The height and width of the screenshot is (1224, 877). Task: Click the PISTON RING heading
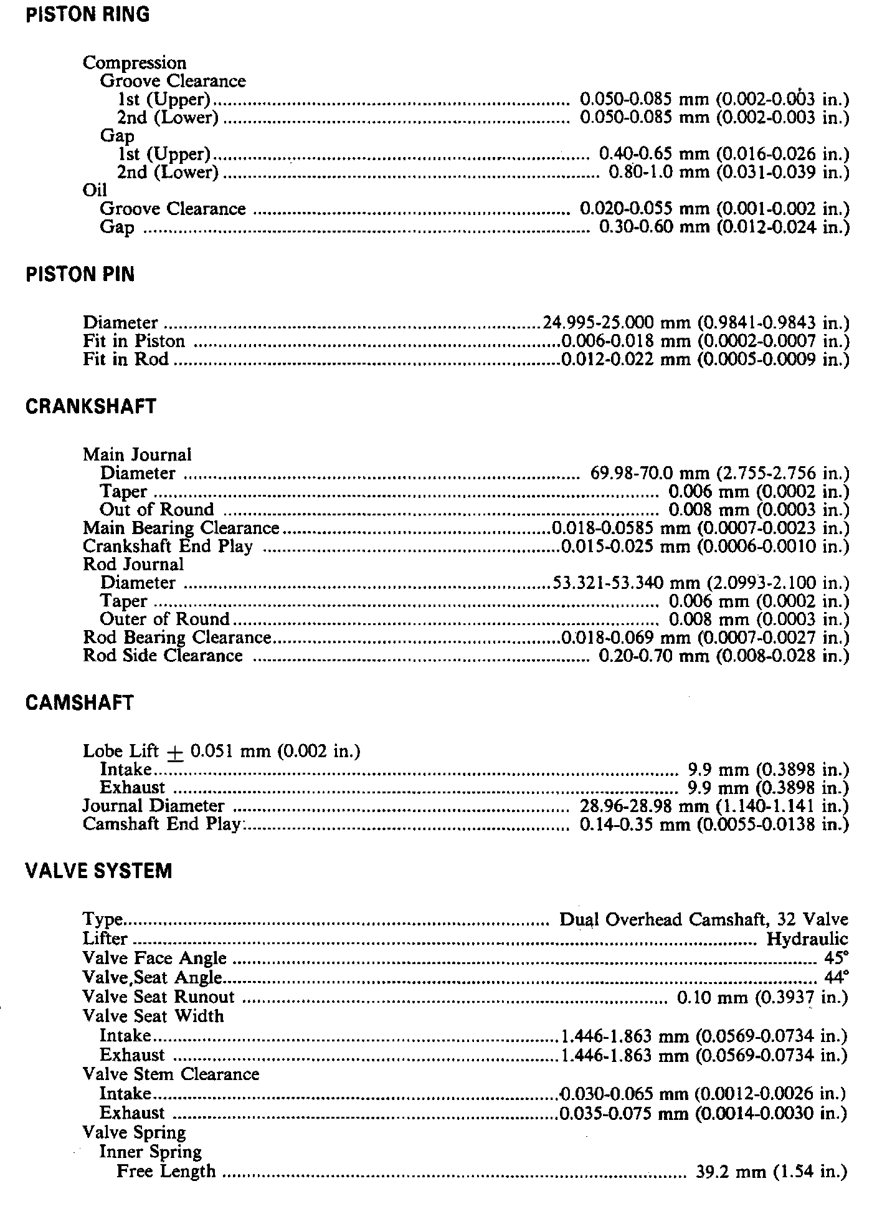pos(88,15)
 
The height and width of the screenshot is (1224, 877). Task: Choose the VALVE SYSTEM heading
pos(98,871)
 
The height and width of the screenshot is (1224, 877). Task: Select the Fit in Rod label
pos(125,360)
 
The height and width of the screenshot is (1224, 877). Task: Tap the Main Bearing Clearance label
pos(181,528)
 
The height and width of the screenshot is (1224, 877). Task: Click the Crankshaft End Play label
pos(168,547)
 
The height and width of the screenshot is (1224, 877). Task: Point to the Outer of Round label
pos(165,619)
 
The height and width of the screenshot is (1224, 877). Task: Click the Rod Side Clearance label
pos(163,656)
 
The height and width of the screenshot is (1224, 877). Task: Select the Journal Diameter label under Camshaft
pos(153,806)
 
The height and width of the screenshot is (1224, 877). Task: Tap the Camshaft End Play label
pos(161,824)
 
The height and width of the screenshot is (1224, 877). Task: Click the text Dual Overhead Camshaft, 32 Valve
pos(704,920)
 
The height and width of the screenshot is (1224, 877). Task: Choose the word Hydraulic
pos(807,939)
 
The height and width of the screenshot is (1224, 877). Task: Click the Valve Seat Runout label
pos(159,997)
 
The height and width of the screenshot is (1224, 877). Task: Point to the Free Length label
pos(166,1171)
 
